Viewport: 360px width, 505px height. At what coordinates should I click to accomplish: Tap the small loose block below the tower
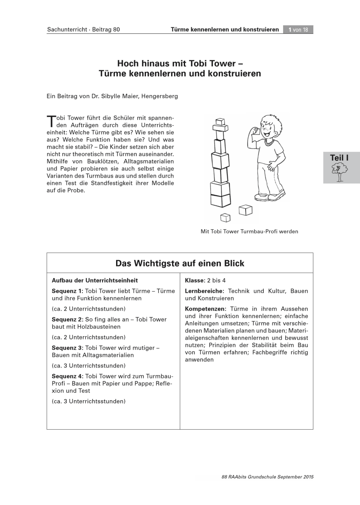(226, 217)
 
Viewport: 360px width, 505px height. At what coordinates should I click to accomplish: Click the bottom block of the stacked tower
(220, 201)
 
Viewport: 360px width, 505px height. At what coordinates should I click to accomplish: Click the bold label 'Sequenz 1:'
(67, 291)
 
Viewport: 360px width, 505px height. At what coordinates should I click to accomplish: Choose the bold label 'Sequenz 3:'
(67, 348)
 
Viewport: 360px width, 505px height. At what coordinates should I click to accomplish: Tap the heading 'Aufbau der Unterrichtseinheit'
(95, 280)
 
